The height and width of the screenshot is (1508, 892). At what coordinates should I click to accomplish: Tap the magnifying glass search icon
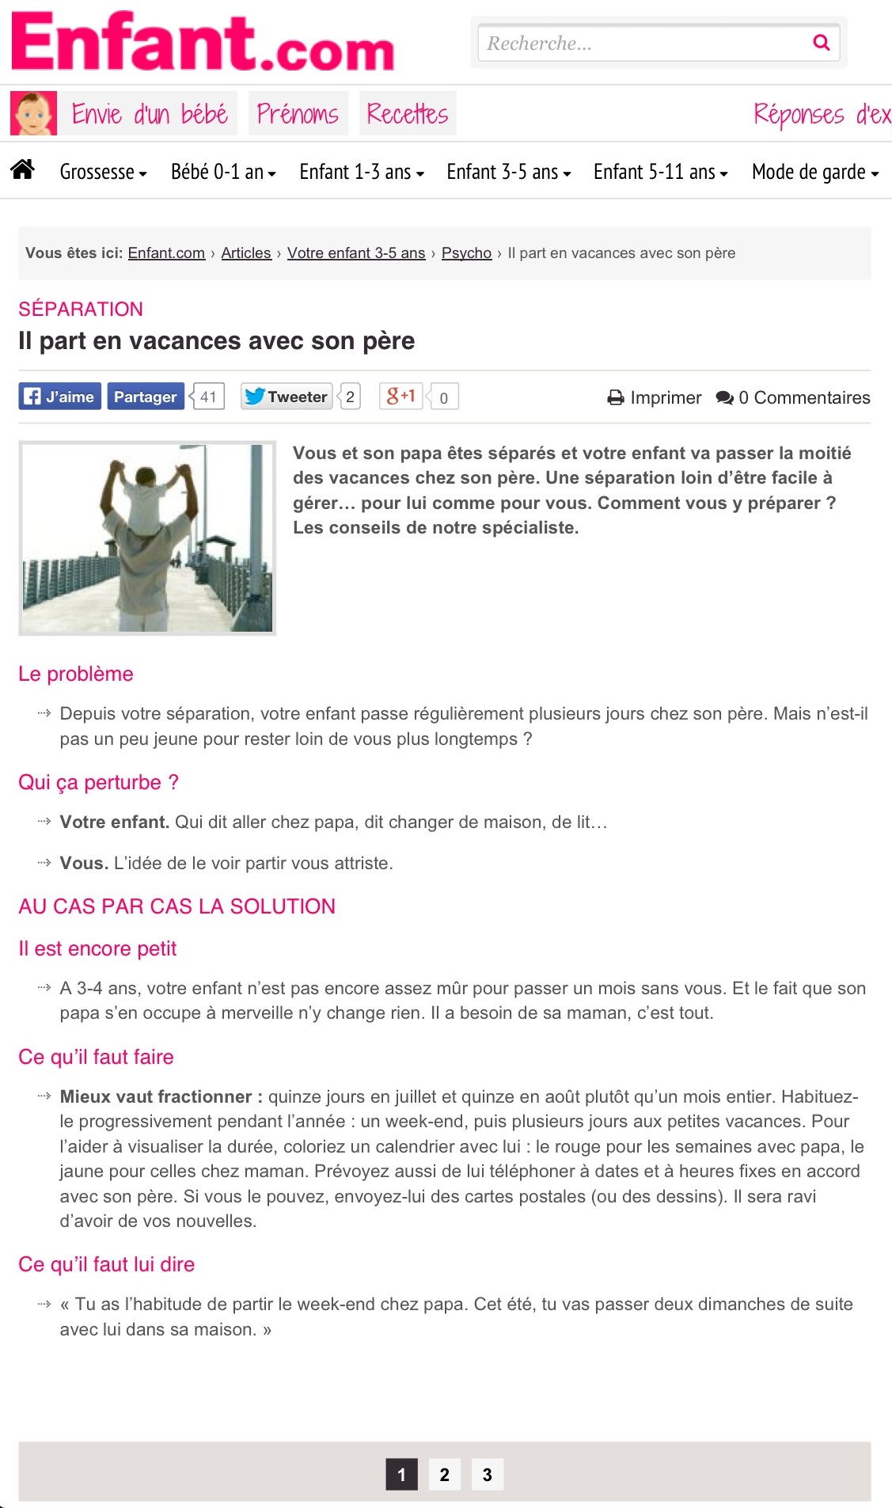pyautogui.click(x=822, y=43)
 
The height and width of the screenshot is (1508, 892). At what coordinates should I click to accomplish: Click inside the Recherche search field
pyautogui.click(x=641, y=43)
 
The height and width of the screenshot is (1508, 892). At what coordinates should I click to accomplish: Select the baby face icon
pyautogui.click(x=33, y=114)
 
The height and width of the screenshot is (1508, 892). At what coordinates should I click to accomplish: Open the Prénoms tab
pyautogui.click(x=298, y=114)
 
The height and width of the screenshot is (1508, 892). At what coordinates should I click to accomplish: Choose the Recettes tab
pyautogui.click(x=408, y=114)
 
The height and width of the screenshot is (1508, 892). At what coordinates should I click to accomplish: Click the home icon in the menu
pyautogui.click(x=23, y=169)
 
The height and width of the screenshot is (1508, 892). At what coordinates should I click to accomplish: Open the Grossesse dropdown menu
pyautogui.click(x=103, y=172)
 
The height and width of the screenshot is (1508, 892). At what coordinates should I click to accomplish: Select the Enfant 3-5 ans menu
pyautogui.click(x=508, y=172)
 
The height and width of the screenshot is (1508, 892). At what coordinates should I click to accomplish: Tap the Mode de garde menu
pyautogui.click(x=814, y=172)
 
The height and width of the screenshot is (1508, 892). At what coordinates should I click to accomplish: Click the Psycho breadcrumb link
pyautogui.click(x=466, y=253)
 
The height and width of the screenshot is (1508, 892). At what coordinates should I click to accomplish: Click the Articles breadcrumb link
pyautogui.click(x=246, y=253)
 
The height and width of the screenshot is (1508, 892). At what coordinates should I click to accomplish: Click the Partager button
pyautogui.click(x=145, y=397)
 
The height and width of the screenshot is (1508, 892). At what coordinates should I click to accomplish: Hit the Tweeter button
pyautogui.click(x=286, y=397)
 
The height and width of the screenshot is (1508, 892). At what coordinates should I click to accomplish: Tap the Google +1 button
pyautogui.click(x=401, y=396)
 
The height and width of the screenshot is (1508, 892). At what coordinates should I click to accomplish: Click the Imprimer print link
pyautogui.click(x=655, y=397)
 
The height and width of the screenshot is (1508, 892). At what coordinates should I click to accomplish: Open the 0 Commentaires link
pyautogui.click(x=793, y=397)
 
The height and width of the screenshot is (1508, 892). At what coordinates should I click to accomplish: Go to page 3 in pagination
pyautogui.click(x=488, y=1475)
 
